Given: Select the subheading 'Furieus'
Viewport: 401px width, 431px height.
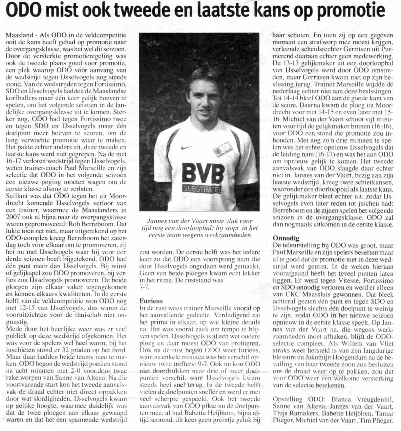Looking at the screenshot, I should pos(151,301).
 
